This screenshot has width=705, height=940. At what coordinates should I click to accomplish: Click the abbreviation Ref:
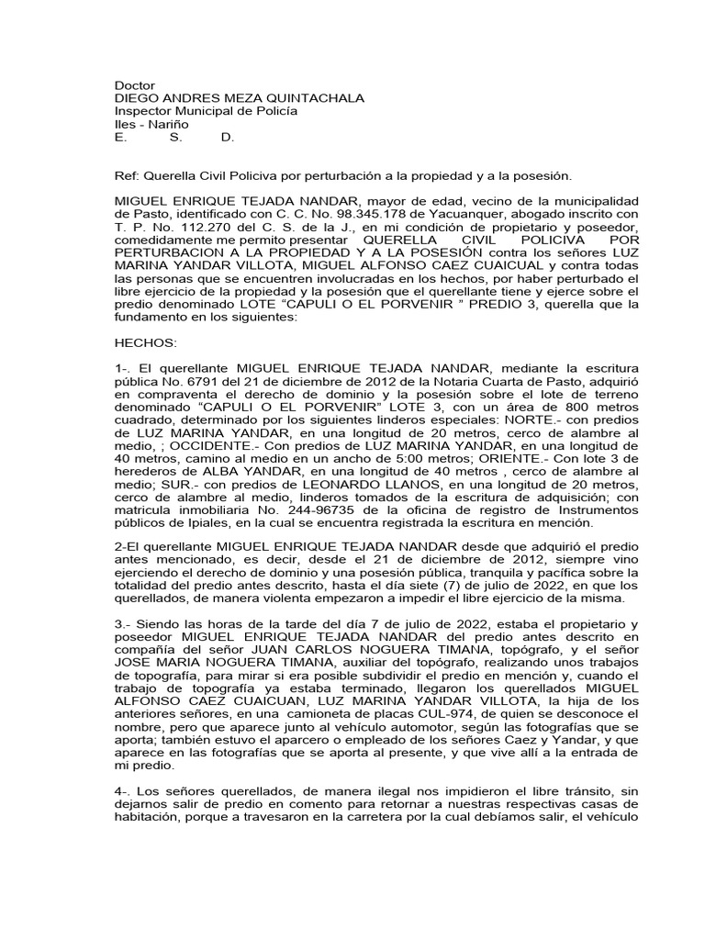124,174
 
